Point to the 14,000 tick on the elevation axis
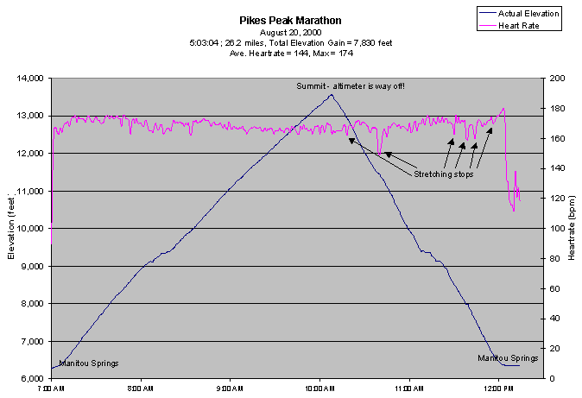coord(29,79)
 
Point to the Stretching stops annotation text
coord(444,174)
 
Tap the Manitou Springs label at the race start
coord(89,363)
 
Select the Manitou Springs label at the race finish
coord(508,357)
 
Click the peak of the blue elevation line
coord(331,95)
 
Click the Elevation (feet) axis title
coord(12,229)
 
